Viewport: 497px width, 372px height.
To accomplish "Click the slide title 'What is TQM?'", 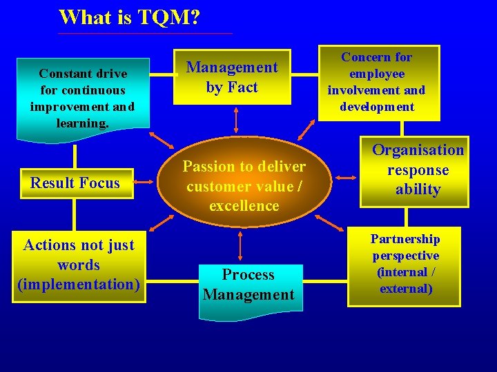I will (130, 17).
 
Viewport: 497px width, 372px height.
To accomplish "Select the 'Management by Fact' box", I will (232, 77).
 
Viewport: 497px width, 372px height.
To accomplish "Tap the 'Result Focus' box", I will (75, 183).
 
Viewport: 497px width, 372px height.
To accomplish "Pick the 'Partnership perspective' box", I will (405, 265).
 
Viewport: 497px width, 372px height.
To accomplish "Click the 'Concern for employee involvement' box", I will (376, 82).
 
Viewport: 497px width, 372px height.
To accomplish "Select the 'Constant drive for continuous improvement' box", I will (82, 97).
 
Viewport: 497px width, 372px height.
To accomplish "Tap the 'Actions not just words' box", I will (78, 265).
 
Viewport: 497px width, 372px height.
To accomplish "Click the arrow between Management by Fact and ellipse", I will (236, 119).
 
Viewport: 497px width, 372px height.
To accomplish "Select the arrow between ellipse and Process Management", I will (240, 245).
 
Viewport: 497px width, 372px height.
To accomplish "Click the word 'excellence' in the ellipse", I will (244, 206).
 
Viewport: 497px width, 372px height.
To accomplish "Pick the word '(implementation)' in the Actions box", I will (78, 285).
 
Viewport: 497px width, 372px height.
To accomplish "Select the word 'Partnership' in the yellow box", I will (405, 239).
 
